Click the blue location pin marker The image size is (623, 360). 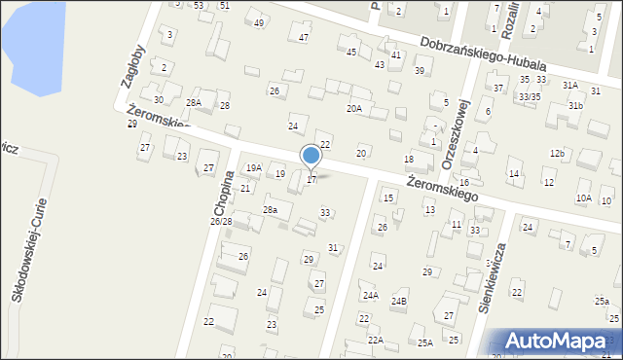click(311, 156)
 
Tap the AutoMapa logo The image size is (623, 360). click(557, 342)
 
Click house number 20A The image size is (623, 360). click(354, 109)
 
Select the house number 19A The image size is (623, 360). click(253, 168)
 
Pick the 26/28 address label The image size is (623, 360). click(221, 222)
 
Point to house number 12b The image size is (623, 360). click(557, 154)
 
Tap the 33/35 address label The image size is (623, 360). click(529, 97)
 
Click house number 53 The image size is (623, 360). click(199, 6)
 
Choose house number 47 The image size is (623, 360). click(304, 37)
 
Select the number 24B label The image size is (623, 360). click(399, 302)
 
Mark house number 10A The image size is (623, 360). click(583, 198)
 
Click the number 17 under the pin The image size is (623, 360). click(311, 180)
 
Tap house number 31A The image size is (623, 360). click(570, 86)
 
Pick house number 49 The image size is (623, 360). click(258, 22)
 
